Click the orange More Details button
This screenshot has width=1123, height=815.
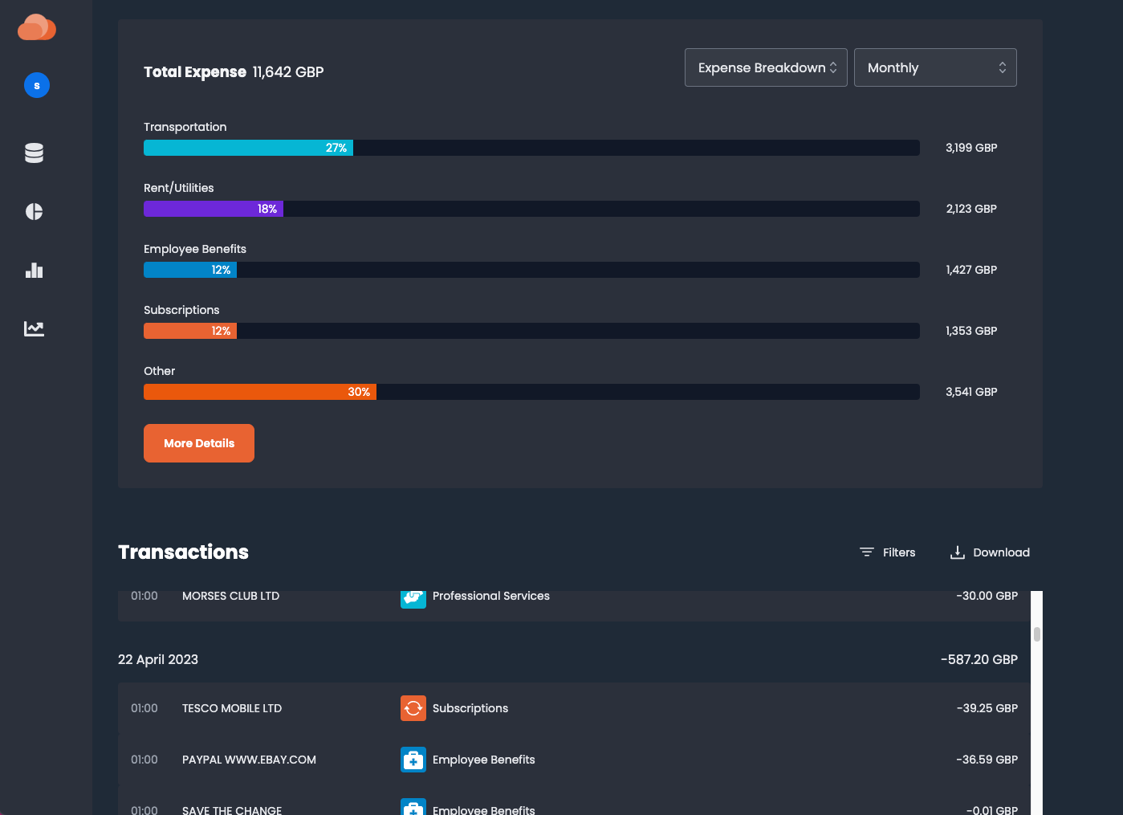[x=199, y=443]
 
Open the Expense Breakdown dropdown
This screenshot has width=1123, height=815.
[x=766, y=67]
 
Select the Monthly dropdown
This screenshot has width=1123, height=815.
[x=935, y=67]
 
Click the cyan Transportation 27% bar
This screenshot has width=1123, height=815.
[x=248, y=148]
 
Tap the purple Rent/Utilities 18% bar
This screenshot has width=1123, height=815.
[x=213, y=209]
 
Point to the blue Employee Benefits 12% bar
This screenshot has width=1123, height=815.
[x=190, y=270]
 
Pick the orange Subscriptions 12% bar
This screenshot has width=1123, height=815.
[x=190, y=331]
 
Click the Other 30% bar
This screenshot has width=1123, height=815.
[x=259, y=392]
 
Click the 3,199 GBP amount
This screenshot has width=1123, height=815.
[x=971, y=148]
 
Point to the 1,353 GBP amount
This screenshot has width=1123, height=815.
[x=971, y=331]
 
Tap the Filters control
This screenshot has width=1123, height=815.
[x=888, y=552]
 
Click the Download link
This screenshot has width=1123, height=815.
[x=990, y=552]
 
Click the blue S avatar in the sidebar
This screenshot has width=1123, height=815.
[x=37, y=85]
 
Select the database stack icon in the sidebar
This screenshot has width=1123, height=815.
[x=34, y=153]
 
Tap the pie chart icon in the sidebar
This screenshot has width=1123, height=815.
[x=34, y=211]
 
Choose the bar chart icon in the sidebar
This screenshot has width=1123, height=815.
[x=34, y=270]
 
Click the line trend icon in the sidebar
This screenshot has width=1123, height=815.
[x=34, y=328]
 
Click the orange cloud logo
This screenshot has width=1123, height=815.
[x=37, y=27]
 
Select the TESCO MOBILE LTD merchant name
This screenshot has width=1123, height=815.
[x=232, y=708]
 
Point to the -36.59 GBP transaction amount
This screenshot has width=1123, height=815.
[x=987, y=760]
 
